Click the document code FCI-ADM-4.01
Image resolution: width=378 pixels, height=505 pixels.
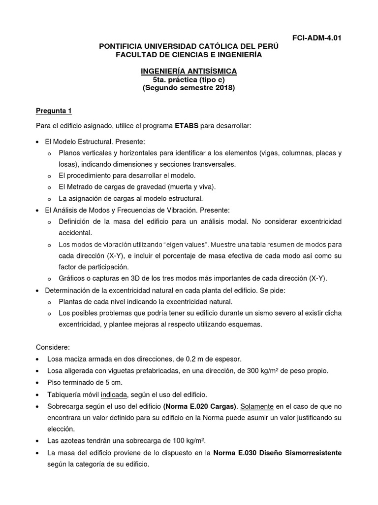click(316, 38)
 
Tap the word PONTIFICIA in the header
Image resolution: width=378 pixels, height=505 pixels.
click(124, 46)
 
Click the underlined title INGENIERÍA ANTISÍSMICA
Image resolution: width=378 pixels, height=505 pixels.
click(189, 72)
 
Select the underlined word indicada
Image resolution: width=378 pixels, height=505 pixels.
click(114, 394)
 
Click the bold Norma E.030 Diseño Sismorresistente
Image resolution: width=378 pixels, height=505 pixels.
click(277, 453)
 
